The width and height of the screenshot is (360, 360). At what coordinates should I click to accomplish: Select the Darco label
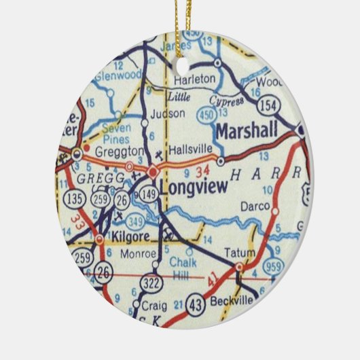pos(255,206)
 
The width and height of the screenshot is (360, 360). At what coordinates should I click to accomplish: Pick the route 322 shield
pos(150,281)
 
